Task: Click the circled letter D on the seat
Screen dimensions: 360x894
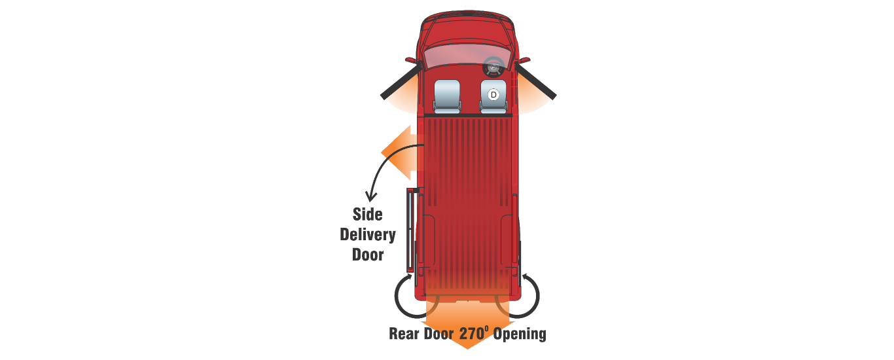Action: click(x=494, y=95)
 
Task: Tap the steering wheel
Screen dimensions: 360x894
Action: click(x=493, y=65)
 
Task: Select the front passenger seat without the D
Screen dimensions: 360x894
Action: click(x=447, y=95)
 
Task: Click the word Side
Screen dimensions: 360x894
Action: click(x=367, y=214)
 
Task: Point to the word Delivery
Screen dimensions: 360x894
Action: click(x=367, y=234)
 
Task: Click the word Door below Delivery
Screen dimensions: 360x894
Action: click(x=367, y=254)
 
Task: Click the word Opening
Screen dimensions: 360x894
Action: click(x=520, y=333)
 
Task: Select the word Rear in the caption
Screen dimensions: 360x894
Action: click(x=405, y=333)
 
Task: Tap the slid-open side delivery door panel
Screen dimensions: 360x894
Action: click(x=410, y=229)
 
